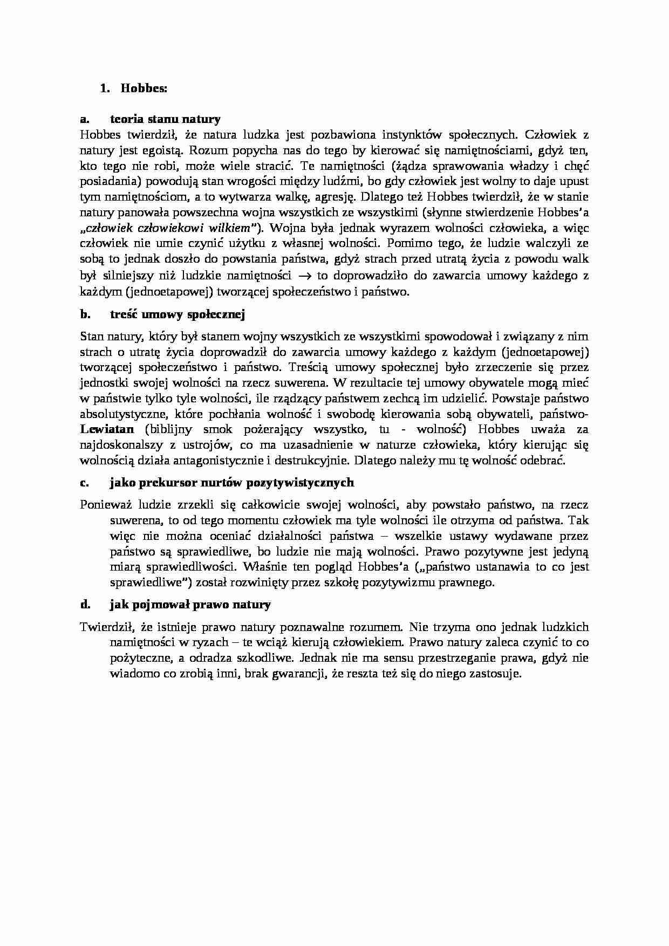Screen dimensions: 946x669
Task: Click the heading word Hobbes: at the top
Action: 144,88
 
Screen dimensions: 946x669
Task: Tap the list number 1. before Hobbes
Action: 105,88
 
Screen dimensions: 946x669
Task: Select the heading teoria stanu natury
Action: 165,119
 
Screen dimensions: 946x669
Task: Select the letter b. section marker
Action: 84,314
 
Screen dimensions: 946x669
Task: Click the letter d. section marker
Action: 85,605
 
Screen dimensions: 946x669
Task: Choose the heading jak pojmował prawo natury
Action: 190,605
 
